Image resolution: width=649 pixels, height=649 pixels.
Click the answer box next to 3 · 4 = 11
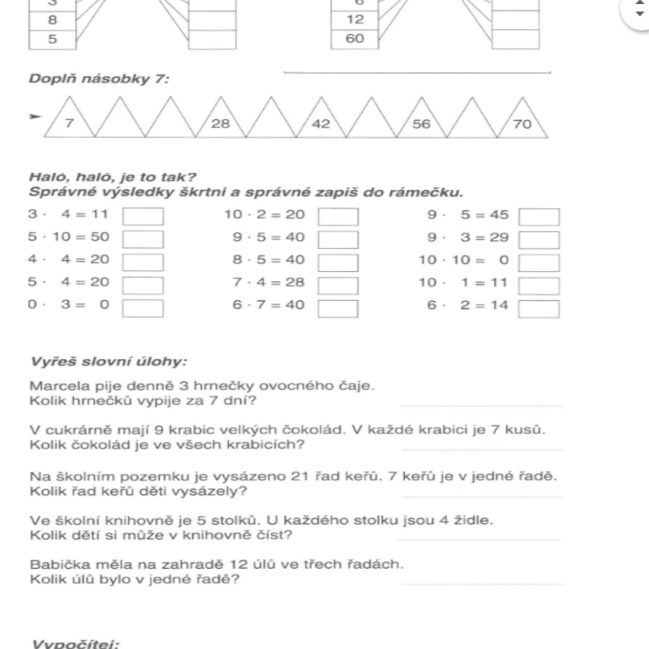143,217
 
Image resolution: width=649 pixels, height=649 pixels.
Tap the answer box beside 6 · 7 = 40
338,308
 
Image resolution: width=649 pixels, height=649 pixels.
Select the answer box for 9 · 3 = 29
539,239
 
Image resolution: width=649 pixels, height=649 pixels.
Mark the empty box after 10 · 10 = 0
539,262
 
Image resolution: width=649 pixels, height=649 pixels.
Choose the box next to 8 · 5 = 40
338,262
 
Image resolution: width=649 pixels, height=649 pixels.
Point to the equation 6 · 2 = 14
460,307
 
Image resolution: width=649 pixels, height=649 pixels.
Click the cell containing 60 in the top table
355,37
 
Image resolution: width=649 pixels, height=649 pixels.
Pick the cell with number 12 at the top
355,20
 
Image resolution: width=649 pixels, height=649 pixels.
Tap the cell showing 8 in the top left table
52,20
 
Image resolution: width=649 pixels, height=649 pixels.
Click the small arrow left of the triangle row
33,117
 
